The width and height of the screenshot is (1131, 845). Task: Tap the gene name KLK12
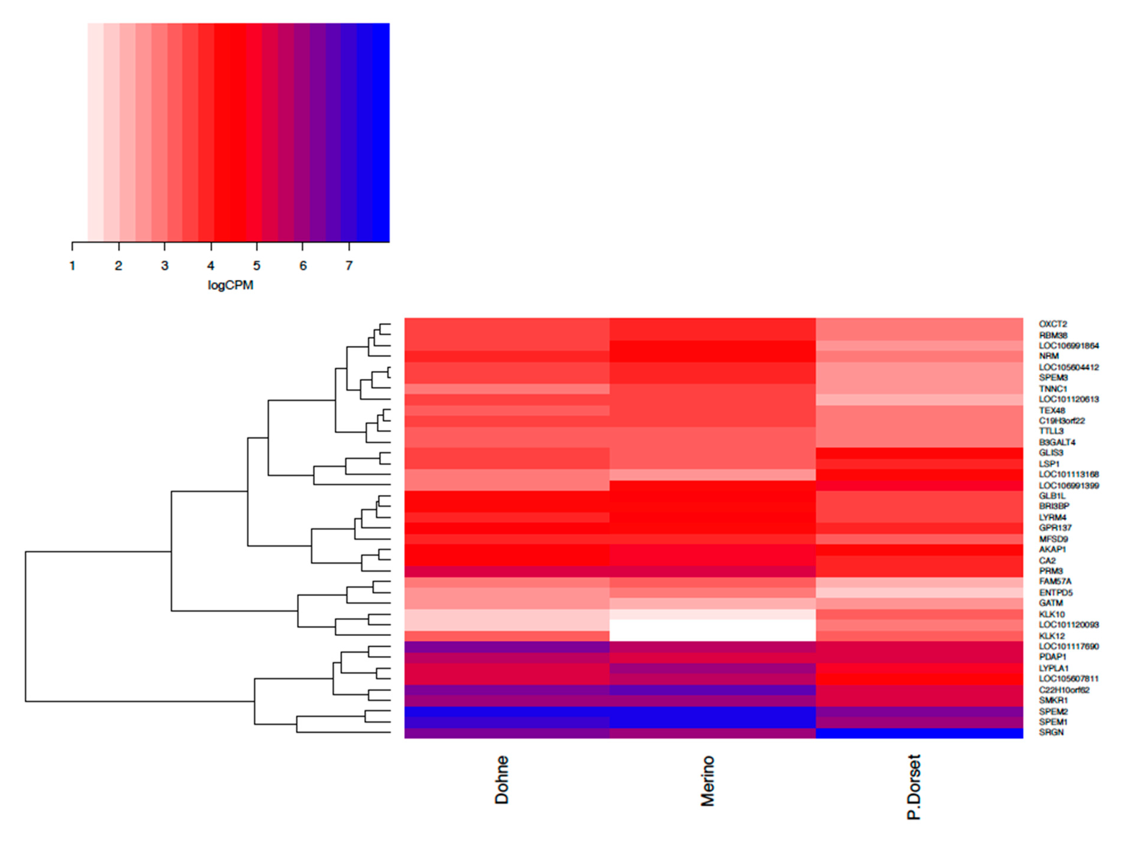point(1052,636)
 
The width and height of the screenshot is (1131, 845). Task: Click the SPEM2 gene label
point(1053,712)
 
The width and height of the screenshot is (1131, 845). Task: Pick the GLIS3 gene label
point(1051,453)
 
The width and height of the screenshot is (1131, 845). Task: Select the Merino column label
point(707,781)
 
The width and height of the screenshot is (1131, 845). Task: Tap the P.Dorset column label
point(914,787)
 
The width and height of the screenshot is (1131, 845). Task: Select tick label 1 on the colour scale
point(73,266)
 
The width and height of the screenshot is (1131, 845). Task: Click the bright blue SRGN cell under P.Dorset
point(919,733)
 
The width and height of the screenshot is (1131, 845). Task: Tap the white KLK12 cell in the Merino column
point(712,636)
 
